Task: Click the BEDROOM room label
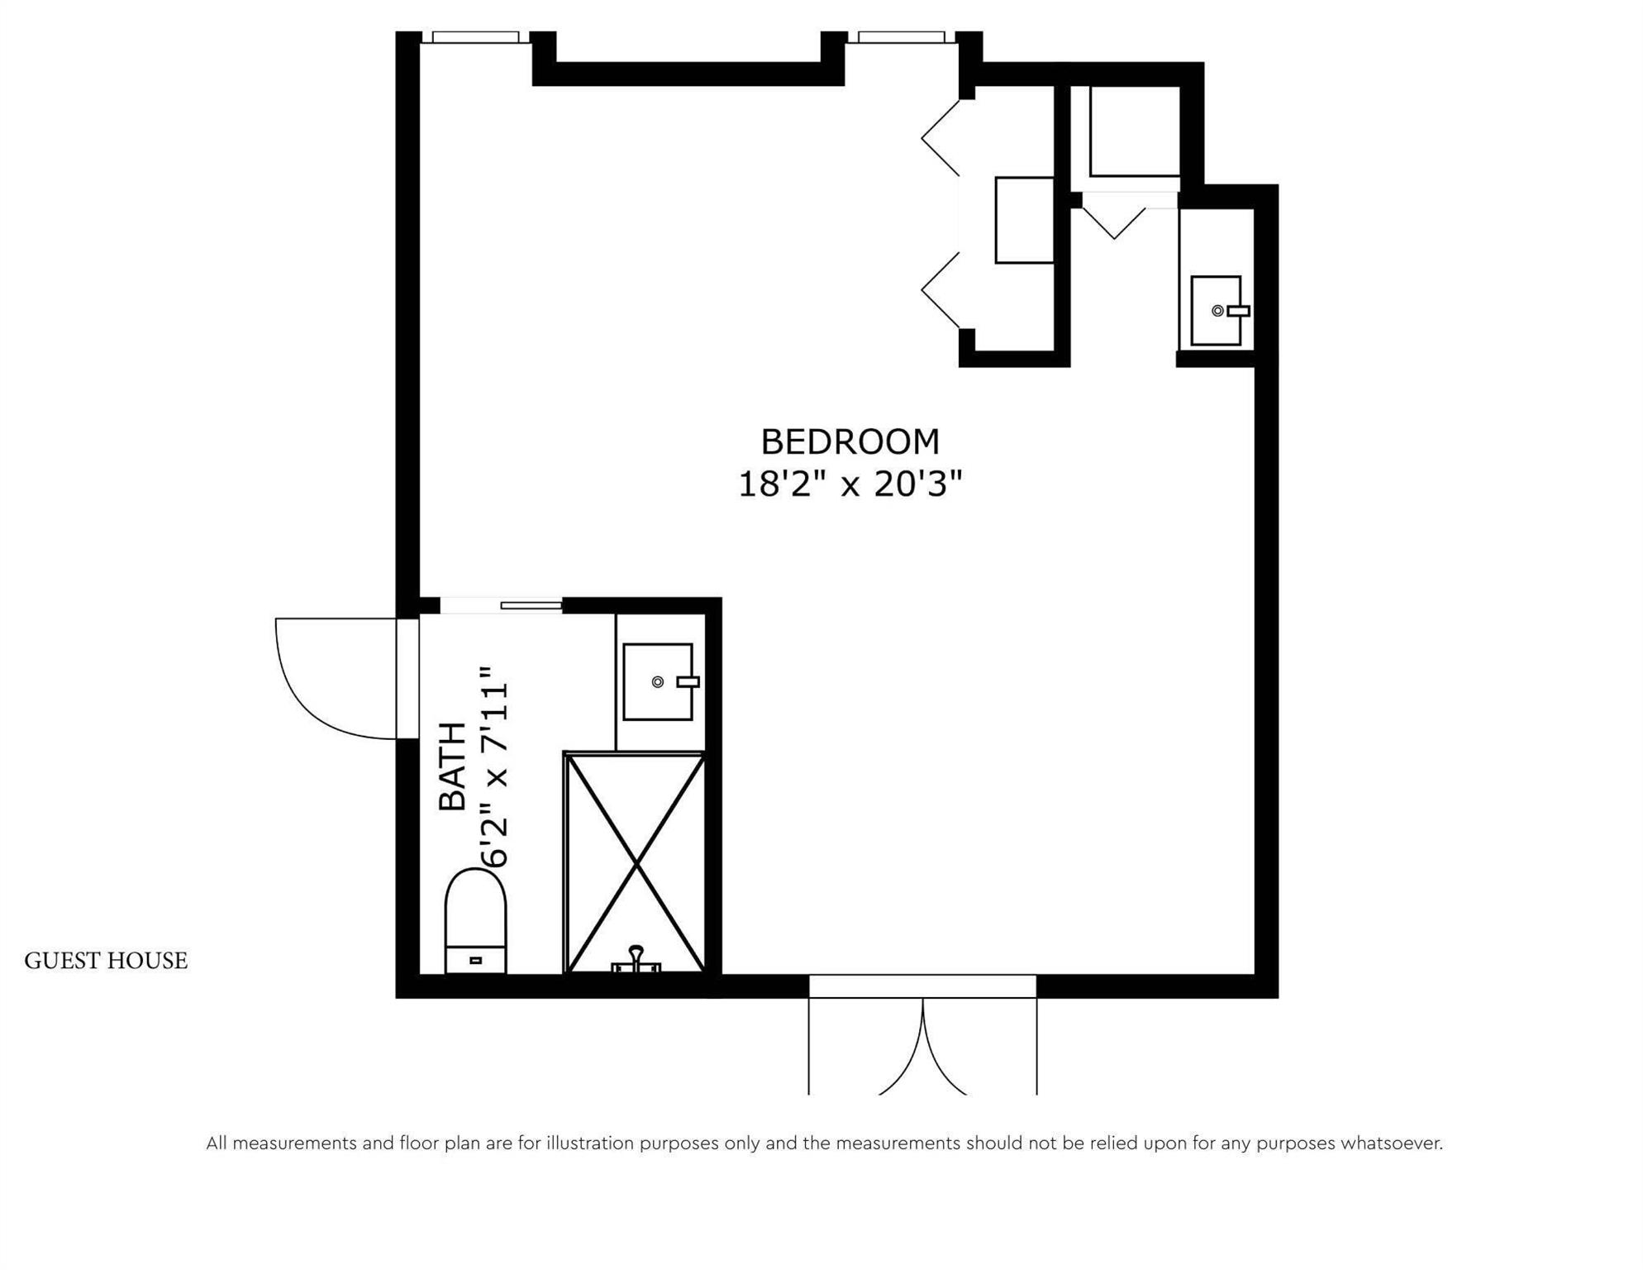[850, 442]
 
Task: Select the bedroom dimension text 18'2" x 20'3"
[850, 485]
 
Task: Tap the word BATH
[453, 766]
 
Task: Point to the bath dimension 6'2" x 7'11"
[496, 766]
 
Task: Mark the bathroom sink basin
[657, 682]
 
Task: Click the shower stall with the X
[635, 864]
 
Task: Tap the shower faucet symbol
[636, 960]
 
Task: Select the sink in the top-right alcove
[1216, 311]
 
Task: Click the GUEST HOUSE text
[106, 961]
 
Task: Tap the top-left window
[475, 37]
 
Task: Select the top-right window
[901, 37]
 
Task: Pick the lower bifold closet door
[941, 289]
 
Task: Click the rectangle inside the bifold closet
[1024, 220]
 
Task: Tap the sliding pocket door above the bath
[531, 606]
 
